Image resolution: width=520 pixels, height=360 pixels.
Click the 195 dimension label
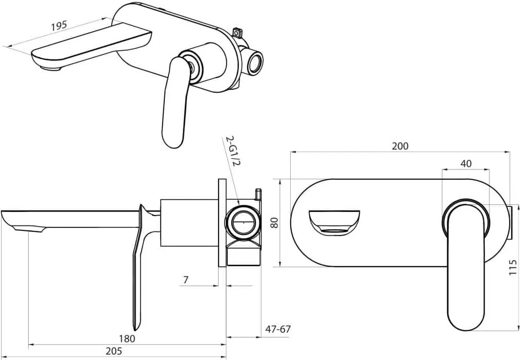click(59, 26)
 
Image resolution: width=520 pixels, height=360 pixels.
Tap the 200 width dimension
click(400, 146)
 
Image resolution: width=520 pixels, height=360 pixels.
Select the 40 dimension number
click(466, 163)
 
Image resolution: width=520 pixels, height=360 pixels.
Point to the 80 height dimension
click(274, 223)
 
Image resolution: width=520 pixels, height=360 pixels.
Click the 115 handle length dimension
click(513, 267)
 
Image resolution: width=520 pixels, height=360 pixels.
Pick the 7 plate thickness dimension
click(186, 280)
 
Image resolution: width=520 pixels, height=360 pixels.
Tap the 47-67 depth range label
click(278, 329)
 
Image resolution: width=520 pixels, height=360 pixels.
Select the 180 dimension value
click(127, 338)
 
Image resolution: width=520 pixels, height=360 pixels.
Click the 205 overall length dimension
click(114, 351)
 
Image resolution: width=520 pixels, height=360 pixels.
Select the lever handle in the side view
click(141, 265)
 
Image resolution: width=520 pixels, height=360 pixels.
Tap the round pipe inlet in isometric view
click(255, 61)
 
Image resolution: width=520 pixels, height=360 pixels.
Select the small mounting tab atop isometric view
click(238, 32)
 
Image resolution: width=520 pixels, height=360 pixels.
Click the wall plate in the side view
click(222, 222)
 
